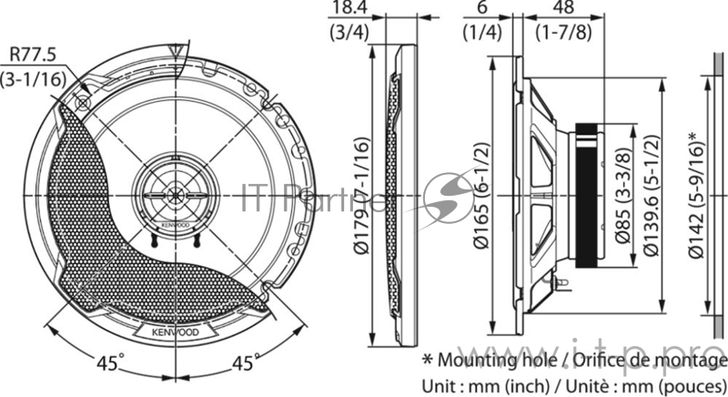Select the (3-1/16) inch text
[34, 79]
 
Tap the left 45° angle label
[108, 363]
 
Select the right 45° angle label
[242, 363]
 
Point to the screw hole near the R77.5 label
[85, 101]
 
